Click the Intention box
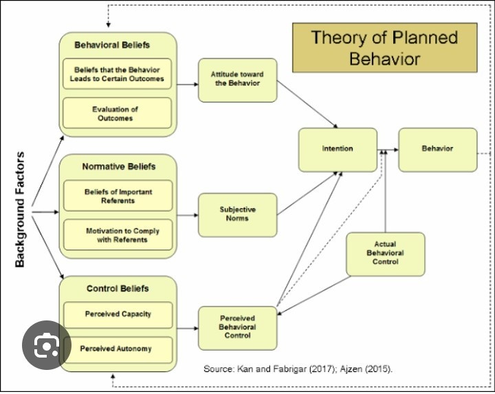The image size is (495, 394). pyautogui.click(x=338, y=149)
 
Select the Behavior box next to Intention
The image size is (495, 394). pyautogui.click(x=437, y=149)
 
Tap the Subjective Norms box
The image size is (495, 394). pyautogui.click(x=237, y=214)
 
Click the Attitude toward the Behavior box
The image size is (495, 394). pyautogui.click(x=237, y=79)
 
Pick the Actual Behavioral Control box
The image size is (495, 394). pyautogui.click(x=385, y=253)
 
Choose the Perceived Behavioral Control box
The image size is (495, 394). pyautogui.click(x=237, y=327)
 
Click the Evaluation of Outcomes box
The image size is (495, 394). pyautogui.click(x=117, y=113)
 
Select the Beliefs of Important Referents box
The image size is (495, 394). pyautogui.click(x=118, y=196)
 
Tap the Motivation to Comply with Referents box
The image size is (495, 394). pyautogui.click(x=118, y=235)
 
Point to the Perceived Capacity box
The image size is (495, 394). pyautogui.click(x=118, y=314)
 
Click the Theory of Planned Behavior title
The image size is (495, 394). pyautogui.click(x=384, y=47)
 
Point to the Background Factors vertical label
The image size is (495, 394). pyautogui.click(x=21, y=209)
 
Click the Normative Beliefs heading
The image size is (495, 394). pyautogui.click(x=118, y=166)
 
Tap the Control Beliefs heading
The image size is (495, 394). pyautogui.click(x=118, y=288)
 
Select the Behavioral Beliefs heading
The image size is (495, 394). pyautogui.click(x=112, y=45)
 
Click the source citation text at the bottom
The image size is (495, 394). pyautogui.click(x=298, y=369)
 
